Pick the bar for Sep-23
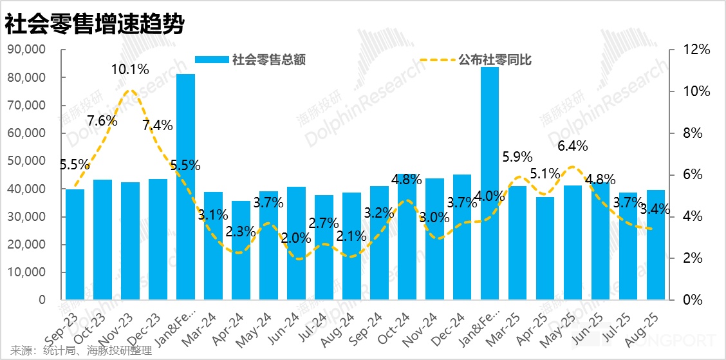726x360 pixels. coord(75,245)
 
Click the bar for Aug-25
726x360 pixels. coord(656,245)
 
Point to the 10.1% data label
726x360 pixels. coord(131,69)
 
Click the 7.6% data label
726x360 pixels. coord(102,120)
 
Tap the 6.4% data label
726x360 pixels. coord(572,146)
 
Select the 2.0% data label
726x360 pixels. coord(296,238)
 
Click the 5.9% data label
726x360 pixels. coord(517,156)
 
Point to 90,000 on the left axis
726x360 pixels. coord(26,50)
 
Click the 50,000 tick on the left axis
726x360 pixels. coord(26,161)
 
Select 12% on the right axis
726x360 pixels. coord(696,50)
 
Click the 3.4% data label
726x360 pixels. coord(656,209)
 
